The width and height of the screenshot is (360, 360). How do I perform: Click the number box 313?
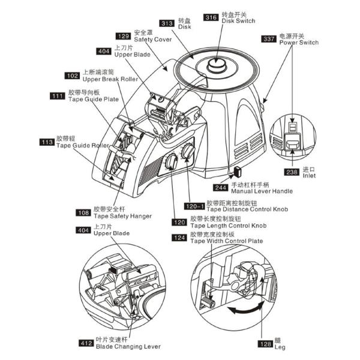tap(167, 23)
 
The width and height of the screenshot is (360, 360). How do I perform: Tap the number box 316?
tap(211, 17)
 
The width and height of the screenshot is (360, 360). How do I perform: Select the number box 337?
tap(269, 39)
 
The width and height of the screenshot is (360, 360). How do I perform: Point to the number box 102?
tap(73, 76)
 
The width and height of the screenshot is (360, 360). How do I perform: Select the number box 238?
tap(291, 172)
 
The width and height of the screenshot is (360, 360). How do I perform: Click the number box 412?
tap(85, 343)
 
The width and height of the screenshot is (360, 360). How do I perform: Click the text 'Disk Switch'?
tap(238, 21)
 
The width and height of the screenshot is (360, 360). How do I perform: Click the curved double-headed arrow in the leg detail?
tap(246, 311)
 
